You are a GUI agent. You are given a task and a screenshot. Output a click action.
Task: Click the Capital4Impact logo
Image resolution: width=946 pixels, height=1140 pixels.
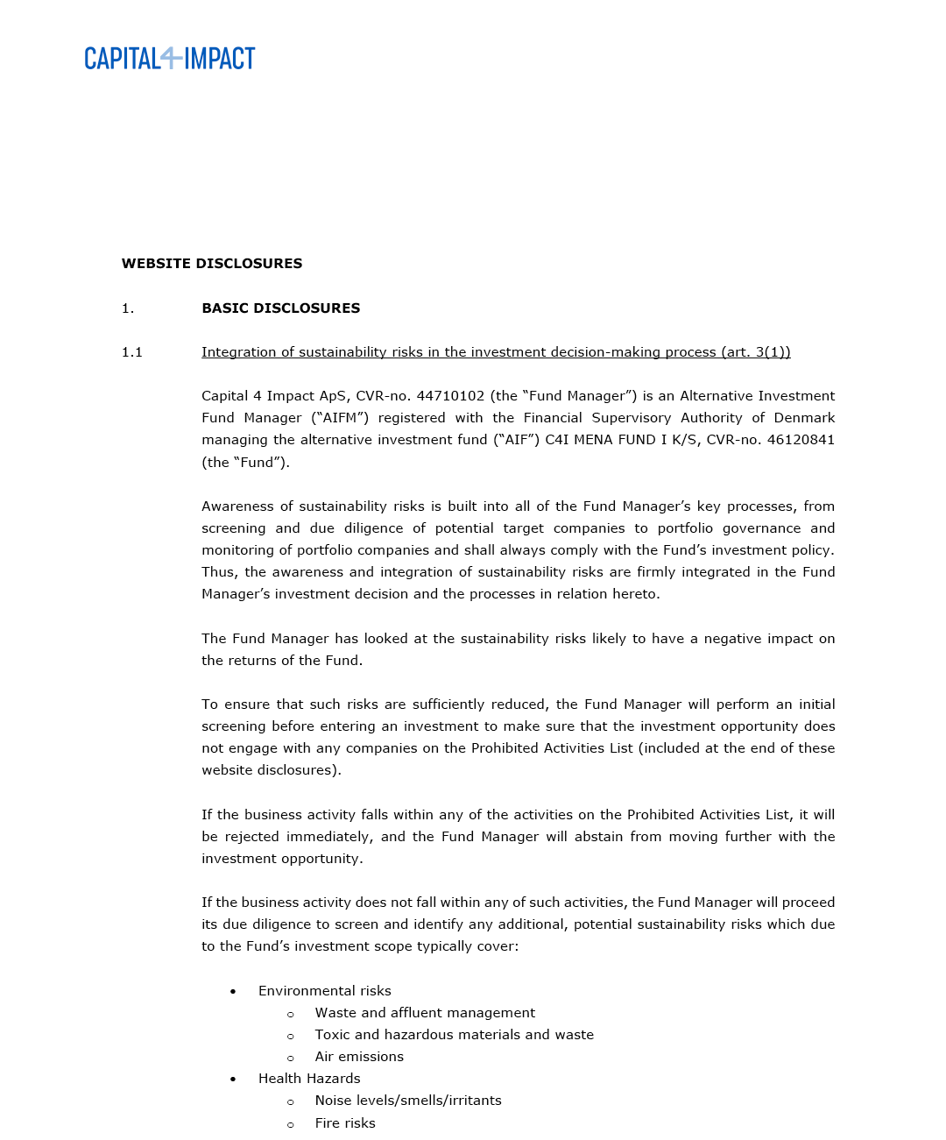169,59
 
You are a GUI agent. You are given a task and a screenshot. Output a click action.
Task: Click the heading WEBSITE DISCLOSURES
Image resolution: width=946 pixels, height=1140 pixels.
212,264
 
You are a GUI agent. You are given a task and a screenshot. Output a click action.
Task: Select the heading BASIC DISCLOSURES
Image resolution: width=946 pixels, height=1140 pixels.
280,308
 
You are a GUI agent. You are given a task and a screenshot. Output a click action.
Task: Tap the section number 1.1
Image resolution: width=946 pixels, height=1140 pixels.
131,352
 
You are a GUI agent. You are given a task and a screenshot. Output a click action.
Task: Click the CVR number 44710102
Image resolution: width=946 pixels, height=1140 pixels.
450,396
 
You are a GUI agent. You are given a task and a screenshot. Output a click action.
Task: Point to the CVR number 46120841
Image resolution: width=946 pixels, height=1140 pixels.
801,440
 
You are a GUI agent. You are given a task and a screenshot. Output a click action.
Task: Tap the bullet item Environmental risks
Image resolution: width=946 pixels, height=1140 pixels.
324,991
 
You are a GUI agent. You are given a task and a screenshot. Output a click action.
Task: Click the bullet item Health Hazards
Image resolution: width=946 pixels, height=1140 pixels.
309,1079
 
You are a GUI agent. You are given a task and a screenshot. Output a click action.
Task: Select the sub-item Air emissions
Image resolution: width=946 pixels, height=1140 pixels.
359,1057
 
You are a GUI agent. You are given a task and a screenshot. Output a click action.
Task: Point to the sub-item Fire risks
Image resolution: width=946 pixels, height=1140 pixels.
345,1123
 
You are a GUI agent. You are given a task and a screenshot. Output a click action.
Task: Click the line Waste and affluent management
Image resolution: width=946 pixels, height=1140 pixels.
425,1013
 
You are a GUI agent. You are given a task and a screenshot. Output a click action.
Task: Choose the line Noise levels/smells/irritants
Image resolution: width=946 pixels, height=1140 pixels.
408,1101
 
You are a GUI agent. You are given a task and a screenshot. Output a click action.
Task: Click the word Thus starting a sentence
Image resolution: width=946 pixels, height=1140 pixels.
218,572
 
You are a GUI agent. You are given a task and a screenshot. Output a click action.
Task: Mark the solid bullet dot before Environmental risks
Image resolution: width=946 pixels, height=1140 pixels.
233,992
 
